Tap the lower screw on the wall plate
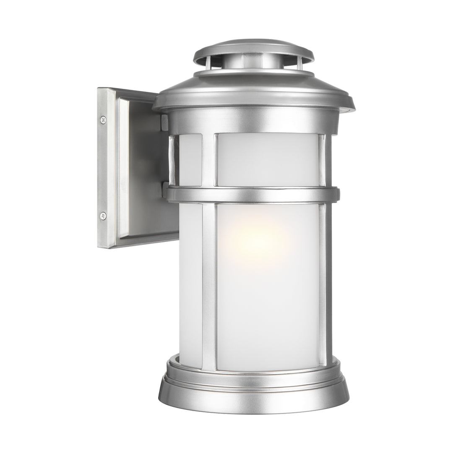pos(103,216)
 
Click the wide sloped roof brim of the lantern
pos(253,94)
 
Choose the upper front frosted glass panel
pos(268,159)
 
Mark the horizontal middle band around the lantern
pos(252,195)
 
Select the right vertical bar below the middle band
pos(323,285)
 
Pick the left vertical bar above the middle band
pos(208,159)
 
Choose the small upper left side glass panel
pos(190,159)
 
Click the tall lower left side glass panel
pos(191,285)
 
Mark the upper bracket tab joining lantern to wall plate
pos(164,122)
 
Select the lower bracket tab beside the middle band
pos(165,189)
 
